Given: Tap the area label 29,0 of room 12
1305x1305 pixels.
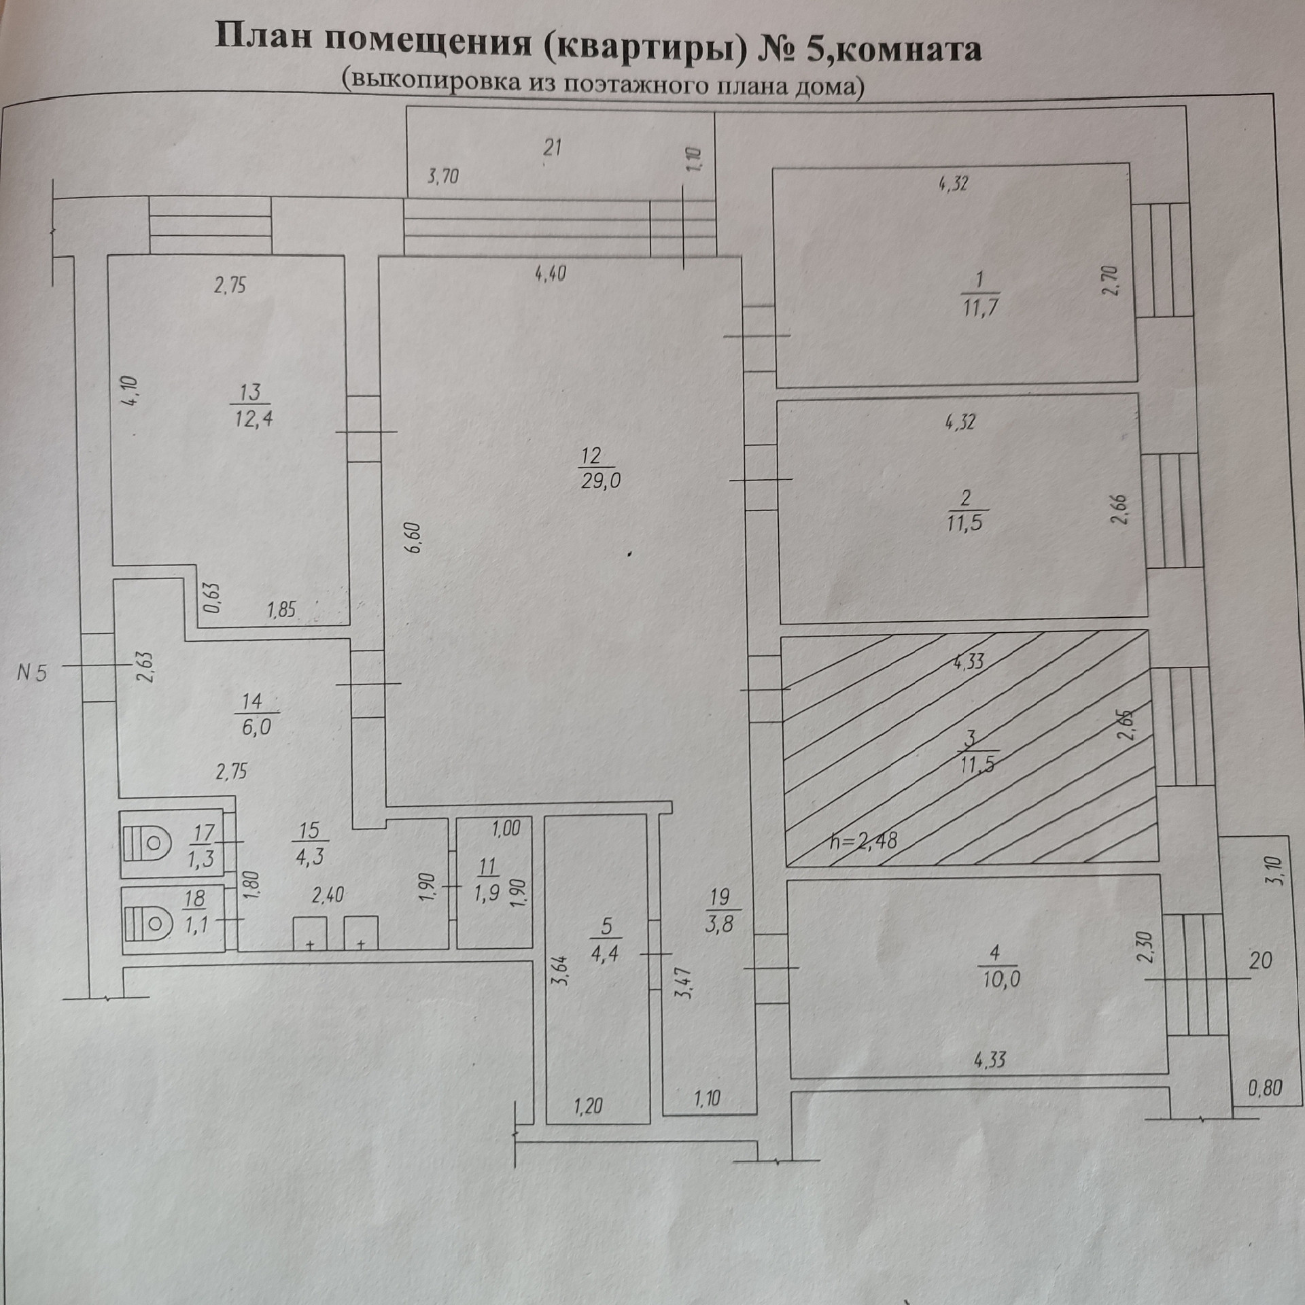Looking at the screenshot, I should [x=601, y=481].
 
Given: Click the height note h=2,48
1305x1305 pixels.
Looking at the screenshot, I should [x=863, y=841].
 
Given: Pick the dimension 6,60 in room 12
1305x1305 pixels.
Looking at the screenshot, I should [x=414, y=537].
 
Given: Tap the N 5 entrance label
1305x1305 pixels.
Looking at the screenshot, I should [x=32, y=674].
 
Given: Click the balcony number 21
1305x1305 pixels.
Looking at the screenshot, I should [x=552, y=147].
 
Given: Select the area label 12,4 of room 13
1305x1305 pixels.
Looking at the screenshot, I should [x=254, y=419].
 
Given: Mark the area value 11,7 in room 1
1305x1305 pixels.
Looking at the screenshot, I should [x=979, y=308].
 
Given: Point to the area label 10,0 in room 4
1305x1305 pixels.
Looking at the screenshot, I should [x=1001, y=979].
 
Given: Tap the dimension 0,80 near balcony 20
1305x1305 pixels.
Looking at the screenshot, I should [x=1265, y=1088].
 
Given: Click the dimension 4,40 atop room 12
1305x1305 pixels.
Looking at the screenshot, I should [x=550, y=275].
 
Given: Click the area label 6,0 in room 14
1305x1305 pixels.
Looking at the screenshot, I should [x=256, y=727].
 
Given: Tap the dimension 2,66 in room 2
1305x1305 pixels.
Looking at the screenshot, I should [x=1120, y=510].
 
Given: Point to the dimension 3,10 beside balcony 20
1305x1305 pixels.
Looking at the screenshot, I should [x=1272, y=870].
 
